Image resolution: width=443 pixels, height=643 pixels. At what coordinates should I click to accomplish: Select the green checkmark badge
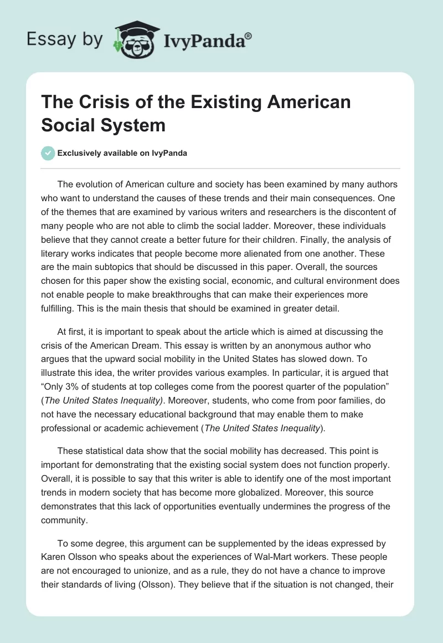pos(48,153)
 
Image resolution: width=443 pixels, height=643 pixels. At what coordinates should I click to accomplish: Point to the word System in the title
pos(137,125)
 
